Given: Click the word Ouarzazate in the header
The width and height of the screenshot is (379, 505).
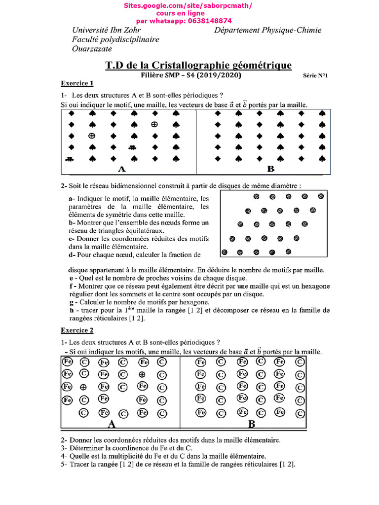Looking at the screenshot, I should (92, 48).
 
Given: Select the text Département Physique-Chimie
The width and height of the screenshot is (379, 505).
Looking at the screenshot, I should (268, 30).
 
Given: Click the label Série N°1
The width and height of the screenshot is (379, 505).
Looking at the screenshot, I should (315, 75).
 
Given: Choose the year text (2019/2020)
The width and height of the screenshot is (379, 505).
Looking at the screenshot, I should (221, 75).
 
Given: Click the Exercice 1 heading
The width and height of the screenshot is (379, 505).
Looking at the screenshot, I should (77, 83).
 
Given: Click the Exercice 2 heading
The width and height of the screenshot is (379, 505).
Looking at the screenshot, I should (77, 330).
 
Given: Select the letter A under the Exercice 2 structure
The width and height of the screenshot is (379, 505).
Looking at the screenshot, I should (112, 424).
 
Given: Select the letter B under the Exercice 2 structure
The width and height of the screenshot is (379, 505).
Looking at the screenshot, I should (252, 424).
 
